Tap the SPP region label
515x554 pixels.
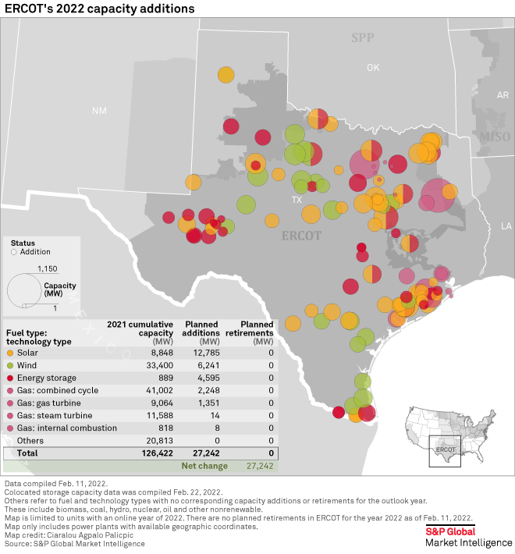(x=363, y=37)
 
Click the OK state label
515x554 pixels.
(x=373, y=68)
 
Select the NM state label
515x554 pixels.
(x=99, y=111)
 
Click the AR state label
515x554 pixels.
(x=503, y=95)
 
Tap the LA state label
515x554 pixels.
(x=506, y=226)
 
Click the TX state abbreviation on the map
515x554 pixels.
(x=297, y=200)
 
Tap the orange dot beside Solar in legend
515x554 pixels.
(x=9, y=354)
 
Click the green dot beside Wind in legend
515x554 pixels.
(x=9, y=365)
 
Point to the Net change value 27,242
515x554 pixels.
(x=261, y=466)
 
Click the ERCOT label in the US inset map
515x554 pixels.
(x=445, y=449)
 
